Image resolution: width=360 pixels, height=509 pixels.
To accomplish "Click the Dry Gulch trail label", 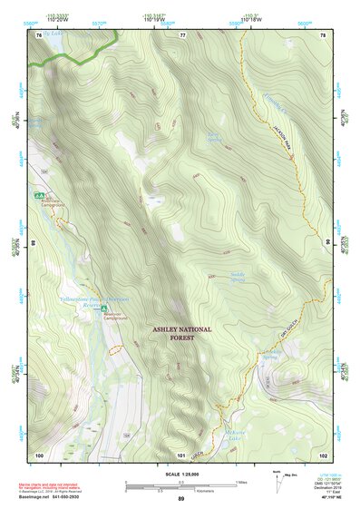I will [x=289, y=338].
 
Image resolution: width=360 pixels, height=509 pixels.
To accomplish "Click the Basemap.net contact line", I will [x=54, y=498].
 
